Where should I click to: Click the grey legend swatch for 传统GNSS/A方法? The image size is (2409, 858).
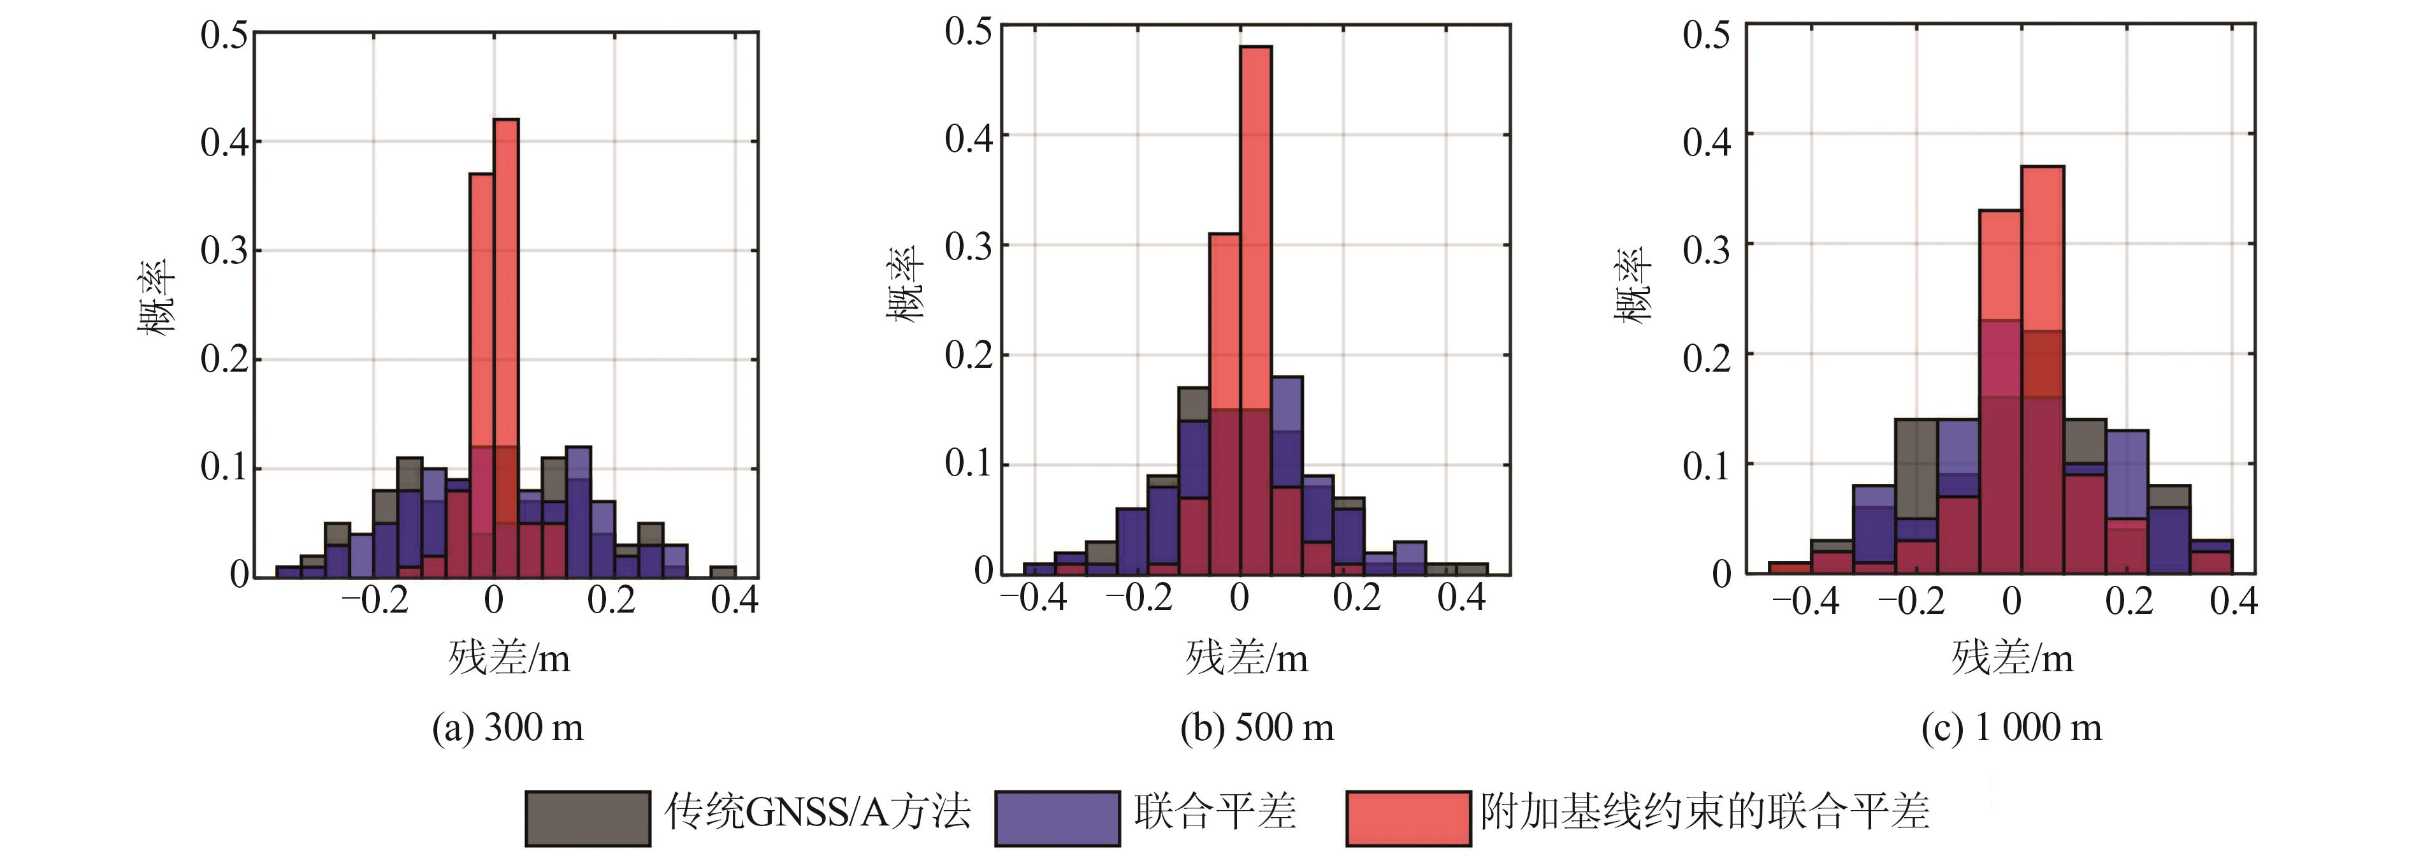(588, 818)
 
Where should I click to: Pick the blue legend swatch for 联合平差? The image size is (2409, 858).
(1057, 818)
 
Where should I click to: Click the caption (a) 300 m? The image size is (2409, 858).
(508, 728)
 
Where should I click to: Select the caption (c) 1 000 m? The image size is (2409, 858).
(2011, 728)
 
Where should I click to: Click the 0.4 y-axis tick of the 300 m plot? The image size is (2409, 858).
(224, 142)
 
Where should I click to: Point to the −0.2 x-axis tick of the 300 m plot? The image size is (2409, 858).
(374, 600)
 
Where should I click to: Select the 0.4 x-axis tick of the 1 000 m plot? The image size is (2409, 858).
(2233, 600)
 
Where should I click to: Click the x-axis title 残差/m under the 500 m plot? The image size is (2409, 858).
(1247, 658)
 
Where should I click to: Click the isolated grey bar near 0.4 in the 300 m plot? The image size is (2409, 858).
(723, 571)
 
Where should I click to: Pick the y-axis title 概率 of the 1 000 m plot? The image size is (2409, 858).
(1633, 286)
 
